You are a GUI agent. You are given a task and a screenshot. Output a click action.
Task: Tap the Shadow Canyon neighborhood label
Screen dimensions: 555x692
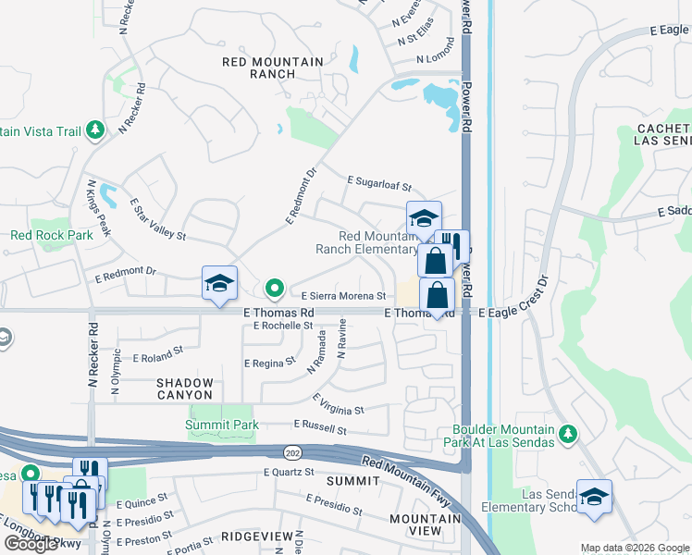click(x=184, y=388)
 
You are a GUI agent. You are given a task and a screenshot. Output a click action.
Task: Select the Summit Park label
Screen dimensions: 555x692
click(x=221, y=425)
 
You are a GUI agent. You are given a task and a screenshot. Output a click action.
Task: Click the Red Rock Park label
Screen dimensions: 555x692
click(x=52, y=236)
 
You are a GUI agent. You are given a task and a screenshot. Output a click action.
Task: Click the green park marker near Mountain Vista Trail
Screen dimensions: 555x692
click(x=93, y=131)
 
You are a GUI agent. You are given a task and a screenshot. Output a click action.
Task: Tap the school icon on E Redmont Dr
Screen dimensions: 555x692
click(x=220, y=282)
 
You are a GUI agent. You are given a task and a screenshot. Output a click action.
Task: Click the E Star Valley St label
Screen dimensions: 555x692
click(x=158, y=219)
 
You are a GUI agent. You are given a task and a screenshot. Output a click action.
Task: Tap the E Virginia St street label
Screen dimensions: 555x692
click(x=338, y=404)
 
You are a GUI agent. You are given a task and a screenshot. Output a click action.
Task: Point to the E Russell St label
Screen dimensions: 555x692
click(x=319, y=428)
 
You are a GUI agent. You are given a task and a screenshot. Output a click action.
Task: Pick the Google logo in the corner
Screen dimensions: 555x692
click(x=31, y=544)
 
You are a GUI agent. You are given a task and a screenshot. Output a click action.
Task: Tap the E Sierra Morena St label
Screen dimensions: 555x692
click(x=342, y=296)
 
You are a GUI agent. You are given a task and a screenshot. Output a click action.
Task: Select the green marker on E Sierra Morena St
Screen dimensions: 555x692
click(x=274, y=290)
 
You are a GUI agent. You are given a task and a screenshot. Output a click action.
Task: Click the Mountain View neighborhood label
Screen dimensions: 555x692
click(x=426, y=524)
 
